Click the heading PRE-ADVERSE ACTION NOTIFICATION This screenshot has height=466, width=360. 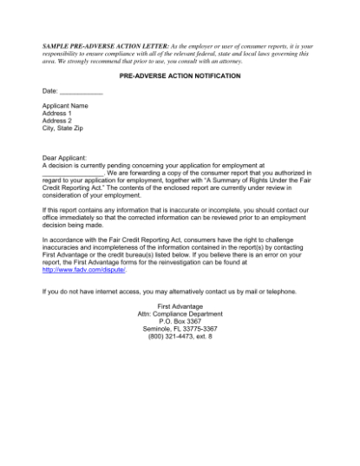pyautogui.click(x=180, y=75)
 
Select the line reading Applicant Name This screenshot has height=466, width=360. pyautogui.click(x=66, y=106)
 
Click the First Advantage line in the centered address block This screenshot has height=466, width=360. pyautogui.click(x=180, y=306)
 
